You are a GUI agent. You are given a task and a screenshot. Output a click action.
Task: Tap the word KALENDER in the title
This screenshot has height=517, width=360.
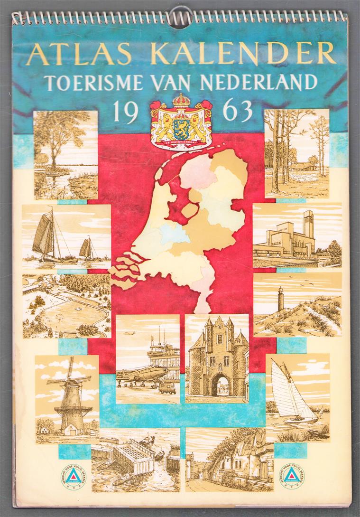[x=243, y=54]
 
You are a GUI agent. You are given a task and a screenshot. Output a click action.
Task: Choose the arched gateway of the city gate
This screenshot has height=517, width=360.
[x=219, y=385]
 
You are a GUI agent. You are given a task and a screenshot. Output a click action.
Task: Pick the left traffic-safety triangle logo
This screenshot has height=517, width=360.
[x=74, y=476]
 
